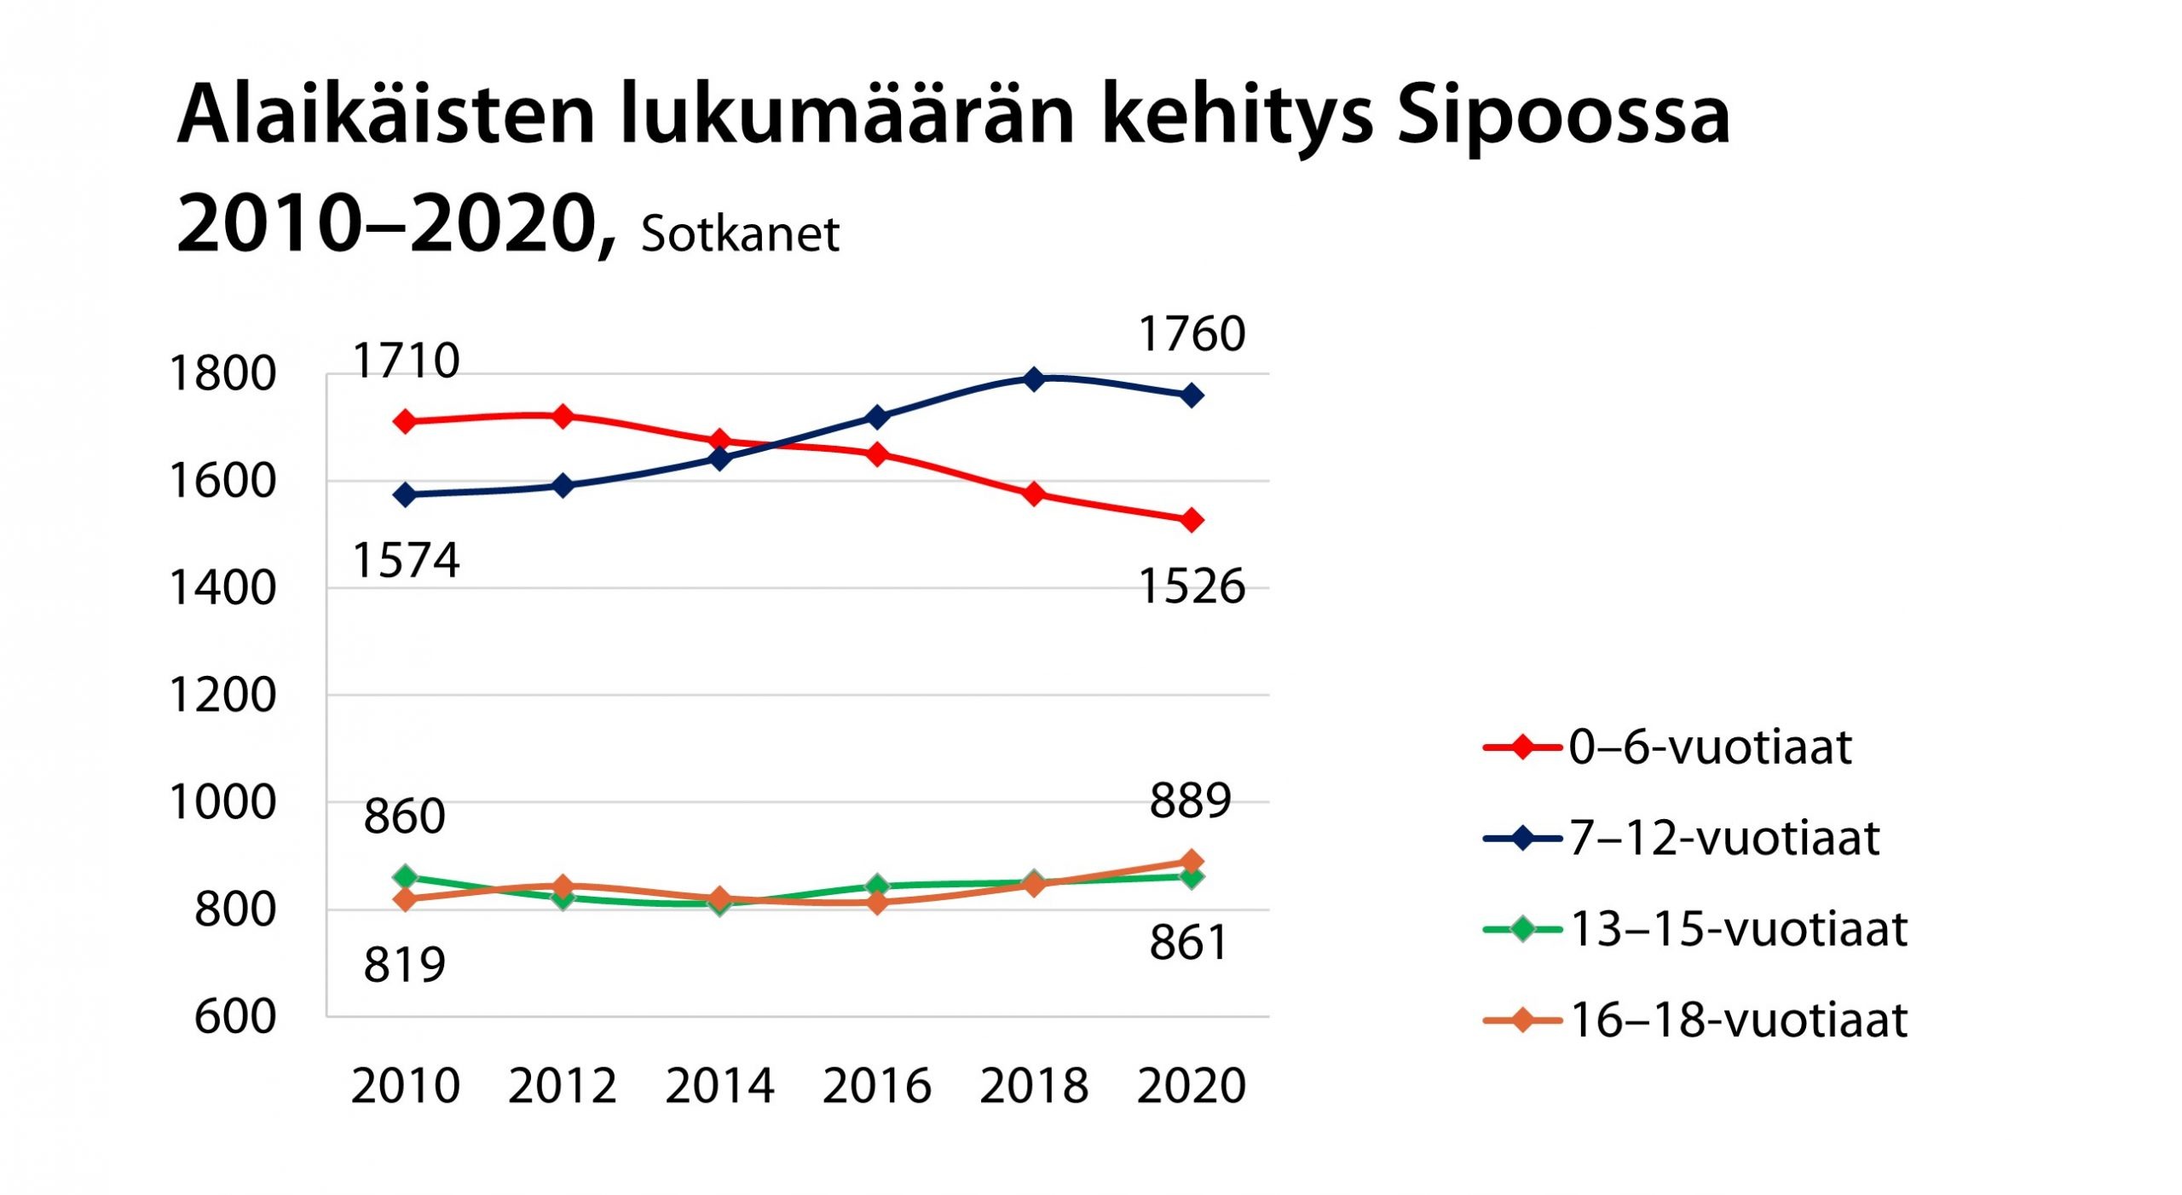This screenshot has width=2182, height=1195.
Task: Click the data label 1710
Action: pyautogui.click(x=406, y=361)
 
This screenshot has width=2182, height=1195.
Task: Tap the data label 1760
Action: pyautogui.click(x=1192, y=334)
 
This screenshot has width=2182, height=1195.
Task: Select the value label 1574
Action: pyautogui.click(x=406, y=561)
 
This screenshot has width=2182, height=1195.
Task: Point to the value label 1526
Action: pyautogui.click(x=1192, y=587)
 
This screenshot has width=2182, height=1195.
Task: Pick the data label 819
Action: pyautogui.click(x=404, y=966)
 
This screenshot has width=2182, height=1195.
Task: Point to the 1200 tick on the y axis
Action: pyautogui.click(x=223, y=696)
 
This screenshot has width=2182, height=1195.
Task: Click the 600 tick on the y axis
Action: pyautogui.click(x=235, y=1017)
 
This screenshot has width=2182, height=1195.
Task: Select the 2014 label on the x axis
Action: pyautogui.click(x=719, y=1087)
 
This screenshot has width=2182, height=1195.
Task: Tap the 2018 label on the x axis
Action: pyautogui.click(x=1034, y=1087)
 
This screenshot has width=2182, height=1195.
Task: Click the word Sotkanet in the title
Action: pyautogui.click(x=740, y=234)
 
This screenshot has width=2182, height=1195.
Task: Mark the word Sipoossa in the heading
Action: pyautogui.click(x=1564, y=115)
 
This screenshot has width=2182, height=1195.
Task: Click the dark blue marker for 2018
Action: pyautogui.click(x=1034, y=378)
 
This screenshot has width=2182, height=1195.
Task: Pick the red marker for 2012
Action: pyautogui.click(x=563, y=416)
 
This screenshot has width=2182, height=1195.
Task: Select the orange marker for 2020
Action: pyautogui.click(x=1192, y=862)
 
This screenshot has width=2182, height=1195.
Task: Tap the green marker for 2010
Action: pyautogui.click(x=406, y=877)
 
